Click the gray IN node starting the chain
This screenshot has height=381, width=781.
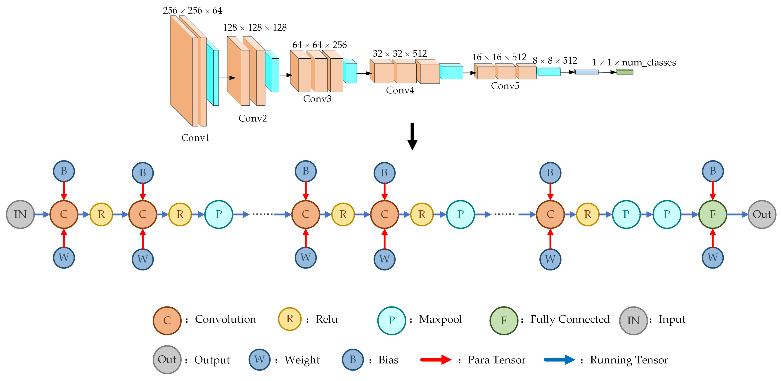tap(20, 214)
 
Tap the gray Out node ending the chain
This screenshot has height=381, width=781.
tap(762, 214)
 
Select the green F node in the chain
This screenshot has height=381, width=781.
tap(712, 214)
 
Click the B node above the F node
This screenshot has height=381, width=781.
tap(712, 171)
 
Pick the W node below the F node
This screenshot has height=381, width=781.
tap(712, 258)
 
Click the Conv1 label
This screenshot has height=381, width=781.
tap(196, 138)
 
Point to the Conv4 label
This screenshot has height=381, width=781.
tap(400, 90)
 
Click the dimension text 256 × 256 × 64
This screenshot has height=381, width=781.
tap(193, 11)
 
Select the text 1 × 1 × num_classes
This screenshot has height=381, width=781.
tap(634, 63)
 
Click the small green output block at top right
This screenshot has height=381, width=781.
tap(625, 72)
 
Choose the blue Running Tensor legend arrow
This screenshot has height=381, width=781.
tap(559, 360)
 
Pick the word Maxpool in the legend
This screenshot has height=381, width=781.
tap(440, 319)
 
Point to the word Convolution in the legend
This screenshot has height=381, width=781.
tap(225, 319)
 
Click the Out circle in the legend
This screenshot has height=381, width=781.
tap(167, 359)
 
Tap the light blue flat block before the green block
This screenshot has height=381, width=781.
tap(586, 72)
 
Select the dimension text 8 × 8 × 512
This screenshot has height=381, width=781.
tap(555, 61)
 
